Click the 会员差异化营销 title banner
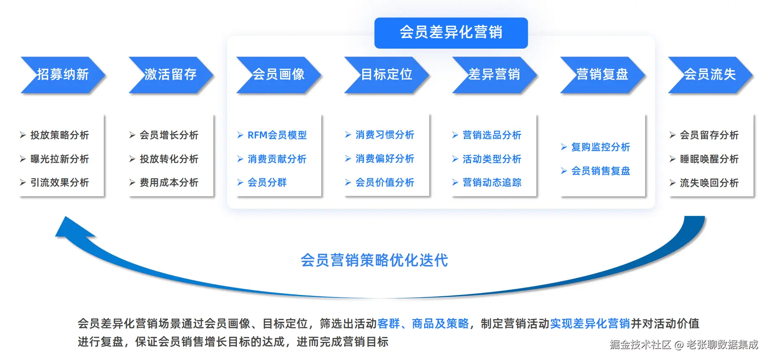point(451,33)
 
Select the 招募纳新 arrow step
point(63,75)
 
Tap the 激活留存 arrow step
point(171,75)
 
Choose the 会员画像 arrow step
point(279,75)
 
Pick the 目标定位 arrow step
point(386,75)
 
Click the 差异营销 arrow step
point(494,75)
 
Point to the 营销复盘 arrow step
point(602,75)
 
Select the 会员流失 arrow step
point(710,75)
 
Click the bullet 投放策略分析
point(59,135)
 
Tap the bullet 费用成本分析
point(169,182)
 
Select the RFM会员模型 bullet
point(277,135)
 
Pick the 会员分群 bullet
point(267,182)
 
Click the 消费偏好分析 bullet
point(384,159)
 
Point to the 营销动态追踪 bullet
point(492,182)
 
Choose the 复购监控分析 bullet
point(600,147)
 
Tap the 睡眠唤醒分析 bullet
point(709,159)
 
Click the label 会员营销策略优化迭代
point(374,260)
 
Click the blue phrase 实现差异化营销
point(590,324)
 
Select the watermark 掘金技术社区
point(640,345)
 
